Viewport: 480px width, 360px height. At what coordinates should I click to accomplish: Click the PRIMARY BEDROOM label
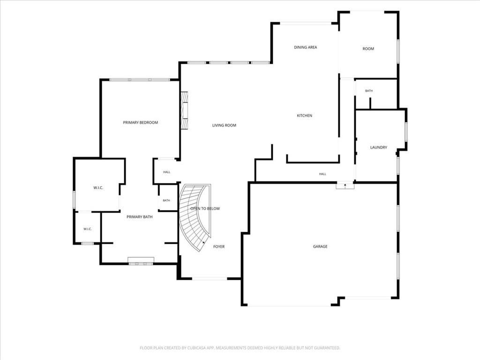(141, 122)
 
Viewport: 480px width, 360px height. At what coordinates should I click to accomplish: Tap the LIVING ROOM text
(224, 125)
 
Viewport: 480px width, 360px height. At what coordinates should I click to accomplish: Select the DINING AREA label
(306, 47)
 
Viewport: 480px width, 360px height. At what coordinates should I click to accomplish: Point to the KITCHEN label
(305, 116)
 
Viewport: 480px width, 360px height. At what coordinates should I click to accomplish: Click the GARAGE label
(320, 247)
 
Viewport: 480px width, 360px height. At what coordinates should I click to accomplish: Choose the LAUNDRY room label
(379, 148)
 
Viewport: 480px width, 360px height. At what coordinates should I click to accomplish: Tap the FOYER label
(219, 247)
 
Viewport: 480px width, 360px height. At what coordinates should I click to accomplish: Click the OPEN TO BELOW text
(205, 209)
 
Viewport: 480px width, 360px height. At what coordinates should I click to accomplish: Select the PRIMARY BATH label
(140, 217)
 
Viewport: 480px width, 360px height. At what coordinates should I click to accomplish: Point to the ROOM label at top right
(368, 49)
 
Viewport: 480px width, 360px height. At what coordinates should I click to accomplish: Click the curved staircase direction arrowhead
(203, 243)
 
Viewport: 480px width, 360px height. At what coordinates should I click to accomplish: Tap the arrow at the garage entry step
(345, 185)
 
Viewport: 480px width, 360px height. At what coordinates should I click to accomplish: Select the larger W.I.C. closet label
(98, 188)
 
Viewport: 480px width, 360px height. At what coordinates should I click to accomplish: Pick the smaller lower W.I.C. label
(88, 229)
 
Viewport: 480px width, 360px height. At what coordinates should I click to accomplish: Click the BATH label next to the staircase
(166, 201)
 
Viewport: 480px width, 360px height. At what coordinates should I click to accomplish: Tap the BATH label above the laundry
(369, 91)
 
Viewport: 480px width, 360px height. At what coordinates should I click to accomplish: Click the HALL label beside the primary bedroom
(166, 172)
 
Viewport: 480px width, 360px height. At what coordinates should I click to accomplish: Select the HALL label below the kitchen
(322, 174)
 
